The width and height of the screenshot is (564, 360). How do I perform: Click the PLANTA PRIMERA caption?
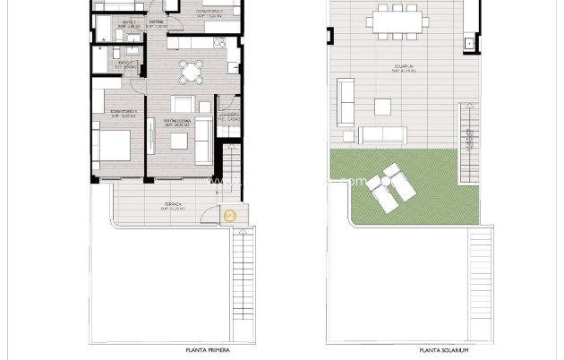208,350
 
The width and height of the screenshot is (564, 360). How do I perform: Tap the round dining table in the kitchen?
190,71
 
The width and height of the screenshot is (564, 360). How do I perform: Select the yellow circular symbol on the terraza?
228,215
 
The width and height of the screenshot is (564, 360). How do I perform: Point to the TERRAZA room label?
174,205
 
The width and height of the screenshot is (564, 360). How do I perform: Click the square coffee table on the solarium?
382,107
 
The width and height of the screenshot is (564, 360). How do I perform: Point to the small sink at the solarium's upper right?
467,43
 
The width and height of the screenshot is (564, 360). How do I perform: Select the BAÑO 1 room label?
130,24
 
